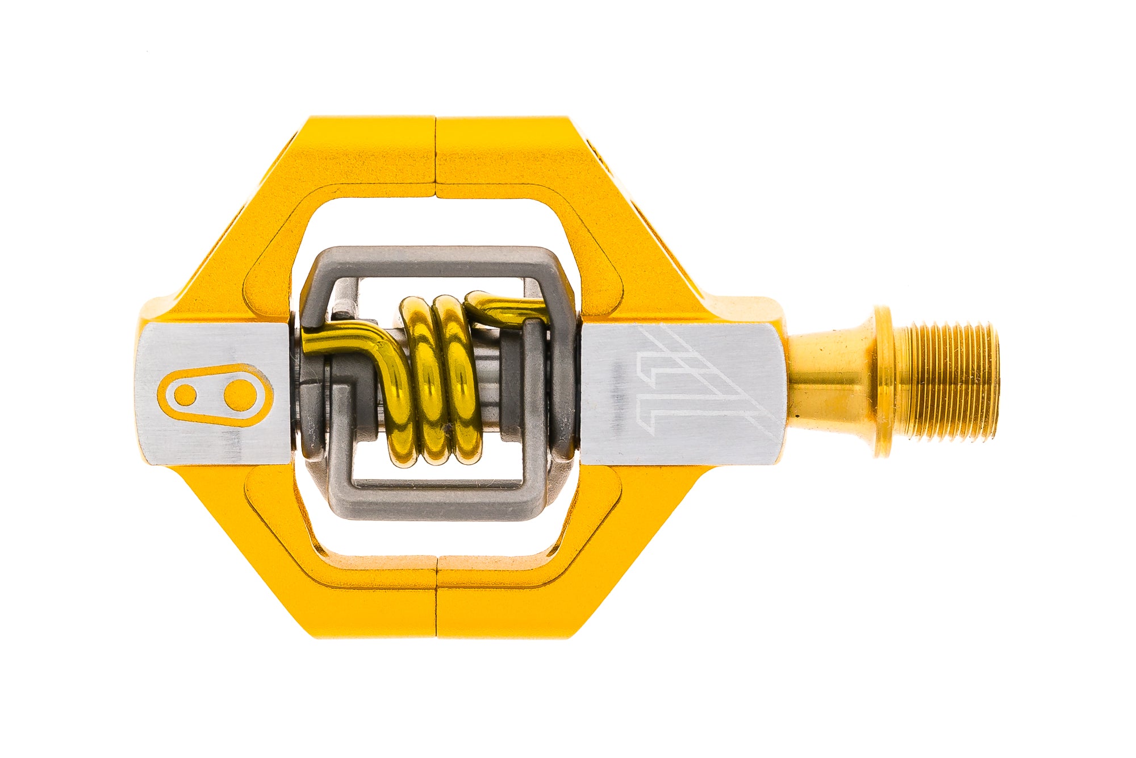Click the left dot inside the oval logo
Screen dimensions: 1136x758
(185, 395)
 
